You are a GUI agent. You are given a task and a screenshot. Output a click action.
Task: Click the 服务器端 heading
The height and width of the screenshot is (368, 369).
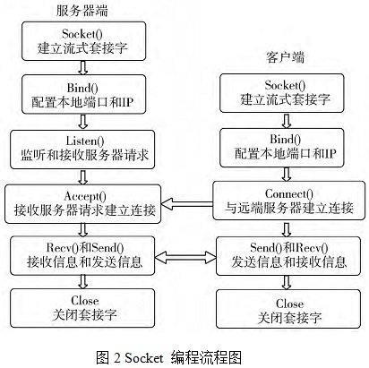click(82, 11)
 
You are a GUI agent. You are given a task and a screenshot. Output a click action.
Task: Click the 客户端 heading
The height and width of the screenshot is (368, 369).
click(285, 57)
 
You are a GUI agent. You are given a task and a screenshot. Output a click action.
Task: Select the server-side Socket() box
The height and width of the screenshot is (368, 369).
click(83, 41)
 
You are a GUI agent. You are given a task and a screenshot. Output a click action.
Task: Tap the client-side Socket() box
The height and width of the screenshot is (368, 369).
click(282, 93)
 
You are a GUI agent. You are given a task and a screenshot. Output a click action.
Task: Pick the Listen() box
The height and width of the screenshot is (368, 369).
click(82, 150)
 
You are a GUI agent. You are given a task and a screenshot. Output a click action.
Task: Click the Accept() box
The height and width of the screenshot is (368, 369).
click(82, 204)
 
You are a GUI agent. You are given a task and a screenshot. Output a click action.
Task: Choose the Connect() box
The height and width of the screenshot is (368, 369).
click(288, 201)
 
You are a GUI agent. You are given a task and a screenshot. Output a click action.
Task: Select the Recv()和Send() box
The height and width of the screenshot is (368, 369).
click(82, 255)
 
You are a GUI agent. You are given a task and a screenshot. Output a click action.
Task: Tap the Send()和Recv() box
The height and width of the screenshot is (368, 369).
click(288, 256)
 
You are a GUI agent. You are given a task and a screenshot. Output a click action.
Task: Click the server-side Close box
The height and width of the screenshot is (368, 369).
click(82, 308)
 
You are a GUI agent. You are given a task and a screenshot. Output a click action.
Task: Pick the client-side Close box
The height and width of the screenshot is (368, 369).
click(288, 309)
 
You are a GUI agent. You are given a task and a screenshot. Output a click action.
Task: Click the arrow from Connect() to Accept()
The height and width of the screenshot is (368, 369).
click(186, 204)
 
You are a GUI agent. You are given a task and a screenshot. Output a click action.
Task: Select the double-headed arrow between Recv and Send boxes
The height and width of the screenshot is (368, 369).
click(185, 257)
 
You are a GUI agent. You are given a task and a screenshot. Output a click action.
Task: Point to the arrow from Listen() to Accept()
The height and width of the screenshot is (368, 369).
click(83, 177)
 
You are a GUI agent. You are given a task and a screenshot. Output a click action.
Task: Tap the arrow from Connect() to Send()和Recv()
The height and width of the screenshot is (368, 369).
click(287, 228)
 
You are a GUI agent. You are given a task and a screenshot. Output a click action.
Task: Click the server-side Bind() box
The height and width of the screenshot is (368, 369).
click(83, 94)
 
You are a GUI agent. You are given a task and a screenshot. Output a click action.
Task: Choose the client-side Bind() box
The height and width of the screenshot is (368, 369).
click(282, 148)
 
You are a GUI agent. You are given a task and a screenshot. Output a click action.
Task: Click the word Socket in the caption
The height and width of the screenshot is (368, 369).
click(144, 357)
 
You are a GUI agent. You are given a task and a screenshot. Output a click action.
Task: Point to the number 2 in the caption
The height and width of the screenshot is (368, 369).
click(116, 357)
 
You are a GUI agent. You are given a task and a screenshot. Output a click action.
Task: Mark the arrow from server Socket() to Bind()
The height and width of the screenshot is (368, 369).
click(83, 68)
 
